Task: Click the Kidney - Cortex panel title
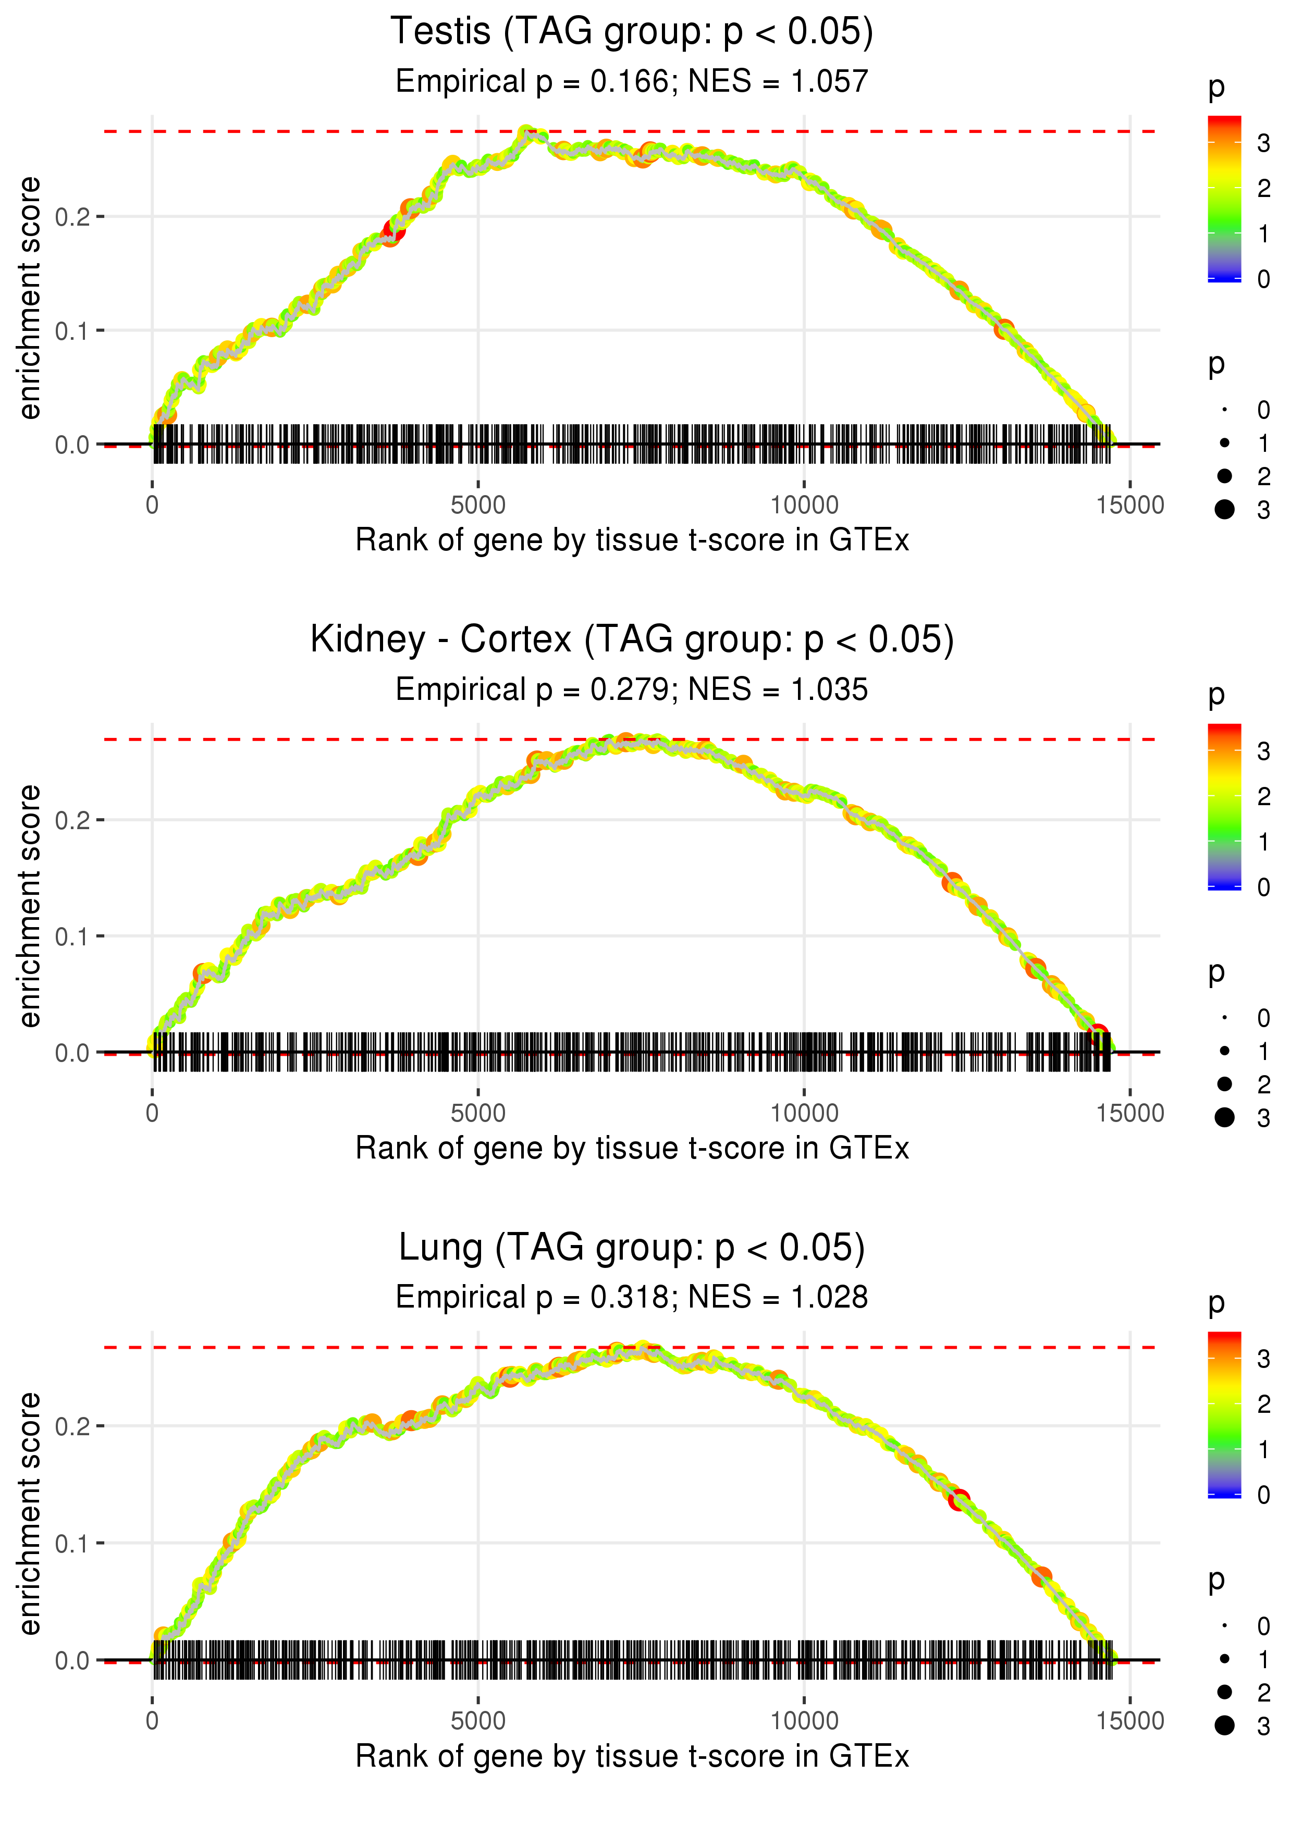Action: pyautogui.click(x=632, y=640)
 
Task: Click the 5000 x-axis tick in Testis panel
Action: pyautogui.click(x=478, y=506)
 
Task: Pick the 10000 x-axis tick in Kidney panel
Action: pyautogui.click(x=804, y=1113)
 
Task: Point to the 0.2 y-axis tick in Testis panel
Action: pyautogui.click(x=72, y=217)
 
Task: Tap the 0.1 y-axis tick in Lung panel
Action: pyautogui.click(x=72, y=1543)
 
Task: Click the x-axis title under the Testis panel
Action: pyautogui.click(x=632, y=540)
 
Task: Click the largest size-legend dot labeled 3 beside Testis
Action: pyautogui.click(x=1224, y=509)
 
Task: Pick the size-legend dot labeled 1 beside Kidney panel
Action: pyautogui.click(x=1224, y=1051)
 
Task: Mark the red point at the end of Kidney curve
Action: pyautogui.click(x=1098, y=1034)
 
